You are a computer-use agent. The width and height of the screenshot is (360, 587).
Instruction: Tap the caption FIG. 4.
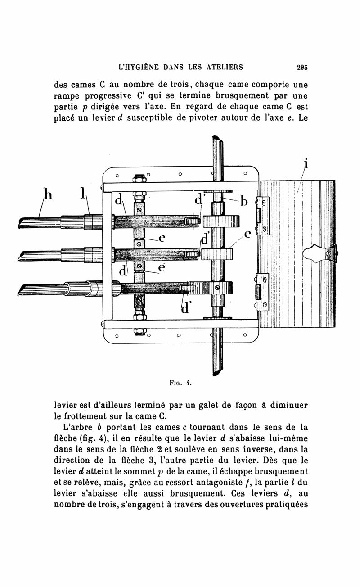coord(177,384)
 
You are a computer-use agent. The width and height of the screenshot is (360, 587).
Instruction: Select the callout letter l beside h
coord(83,193)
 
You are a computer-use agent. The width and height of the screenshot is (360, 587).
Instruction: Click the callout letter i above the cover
coord(306,163)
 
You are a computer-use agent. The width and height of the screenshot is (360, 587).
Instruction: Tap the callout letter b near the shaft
coord(244,201)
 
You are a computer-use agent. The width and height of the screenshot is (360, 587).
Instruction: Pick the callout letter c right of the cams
coord(247,235)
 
